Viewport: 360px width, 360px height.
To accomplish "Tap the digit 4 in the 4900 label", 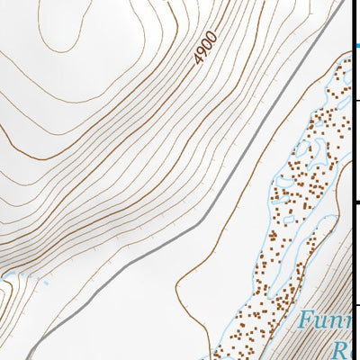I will tap(198, 60).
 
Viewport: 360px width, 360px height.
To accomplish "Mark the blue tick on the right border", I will tap(355, 45).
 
